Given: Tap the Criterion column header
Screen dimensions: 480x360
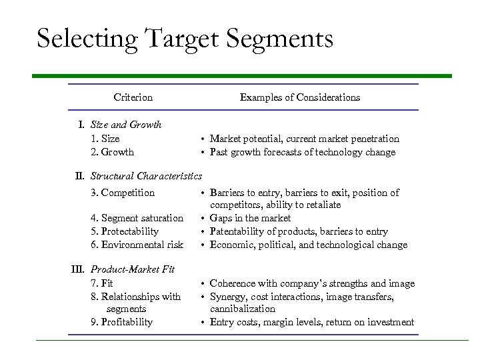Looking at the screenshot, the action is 133,97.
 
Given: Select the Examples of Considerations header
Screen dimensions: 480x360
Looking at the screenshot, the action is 299,97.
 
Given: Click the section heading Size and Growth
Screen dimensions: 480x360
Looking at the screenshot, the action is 126,125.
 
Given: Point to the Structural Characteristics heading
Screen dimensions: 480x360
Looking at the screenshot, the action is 146,176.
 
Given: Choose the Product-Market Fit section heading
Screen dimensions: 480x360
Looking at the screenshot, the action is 133,270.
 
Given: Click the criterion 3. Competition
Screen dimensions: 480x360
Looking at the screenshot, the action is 123,193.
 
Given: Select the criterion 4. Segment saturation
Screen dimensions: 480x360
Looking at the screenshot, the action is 137,218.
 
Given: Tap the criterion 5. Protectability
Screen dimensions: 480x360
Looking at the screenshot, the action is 125,231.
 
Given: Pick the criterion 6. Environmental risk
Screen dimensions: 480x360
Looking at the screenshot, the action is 137,245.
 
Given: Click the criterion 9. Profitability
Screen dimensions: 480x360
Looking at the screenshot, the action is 121,322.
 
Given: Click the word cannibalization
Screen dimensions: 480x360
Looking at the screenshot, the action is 242,309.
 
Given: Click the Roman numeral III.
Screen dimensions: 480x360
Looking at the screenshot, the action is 79,270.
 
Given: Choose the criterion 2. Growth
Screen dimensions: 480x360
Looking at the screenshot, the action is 112,152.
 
